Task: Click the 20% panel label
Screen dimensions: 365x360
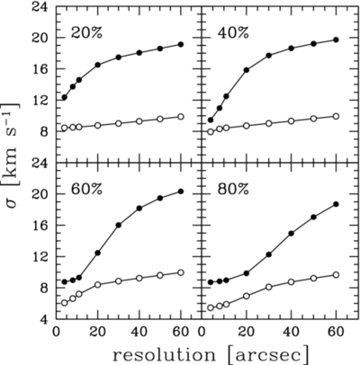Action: (86, 31)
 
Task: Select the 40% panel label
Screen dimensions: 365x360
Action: (233, 31)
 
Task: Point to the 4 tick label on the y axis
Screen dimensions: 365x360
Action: (41, 318)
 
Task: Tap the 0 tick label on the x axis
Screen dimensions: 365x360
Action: (56, 332)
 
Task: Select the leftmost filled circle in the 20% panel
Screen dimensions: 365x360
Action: (64, 97)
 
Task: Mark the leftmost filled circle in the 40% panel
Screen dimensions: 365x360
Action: (211, 120)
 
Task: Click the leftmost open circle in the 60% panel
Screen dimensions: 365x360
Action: (64, 303)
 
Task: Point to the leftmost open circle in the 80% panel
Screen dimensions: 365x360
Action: (211, 307)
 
